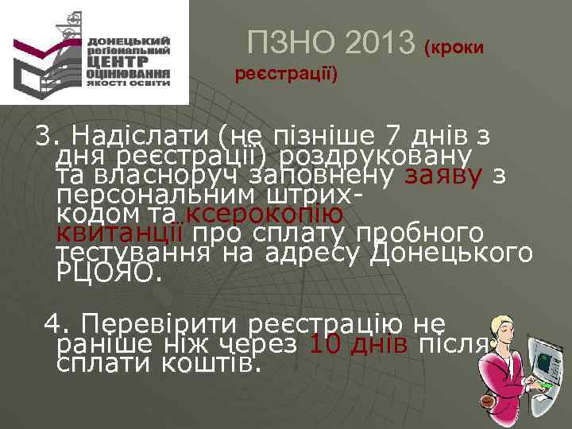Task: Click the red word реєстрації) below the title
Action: [286, 75]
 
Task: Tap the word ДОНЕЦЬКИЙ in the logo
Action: [129, 40]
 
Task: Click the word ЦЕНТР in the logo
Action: [117, 59]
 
